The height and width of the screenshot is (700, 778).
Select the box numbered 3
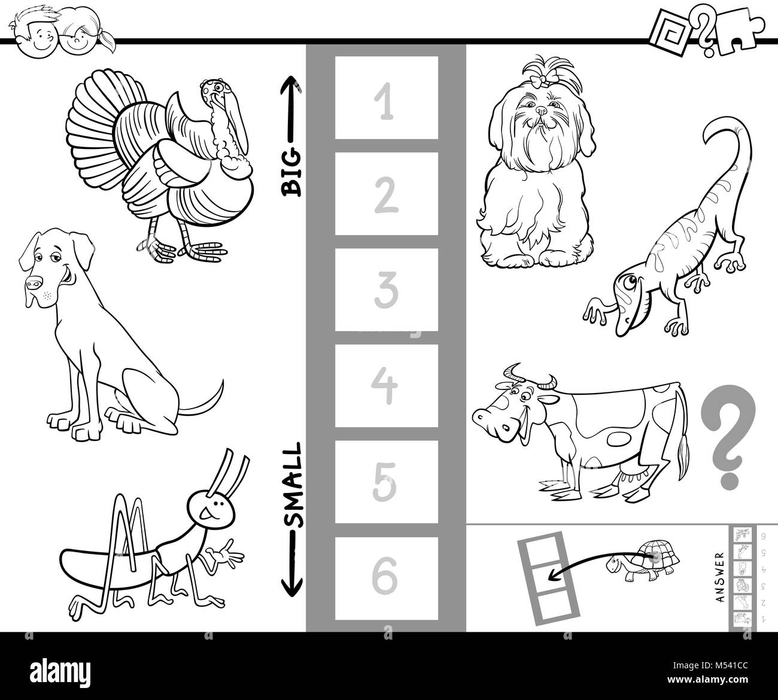click(386, 290)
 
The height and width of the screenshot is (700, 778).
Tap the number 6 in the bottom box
click(386, 578)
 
